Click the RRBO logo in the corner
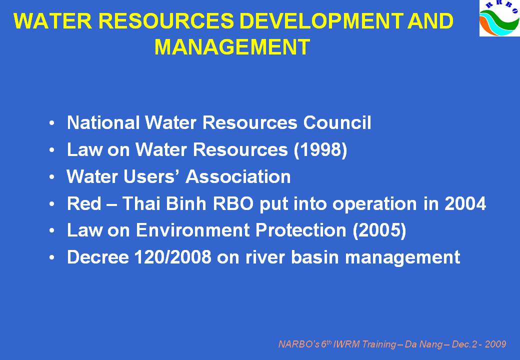tap(500, 18)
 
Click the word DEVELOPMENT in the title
tap(321, 21)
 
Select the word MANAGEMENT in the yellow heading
tap(232, 47)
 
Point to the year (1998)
tap(320, 150)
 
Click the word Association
tap(238, 176)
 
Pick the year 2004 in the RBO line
tap(465, 203)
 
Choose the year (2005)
tap(379, 230)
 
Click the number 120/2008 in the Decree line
tap(173, 257)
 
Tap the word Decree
tap(98, 257)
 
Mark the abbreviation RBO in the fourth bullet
tap(233, 203)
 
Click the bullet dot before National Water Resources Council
tap(51, 123)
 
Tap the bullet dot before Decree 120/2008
tap(51, 257)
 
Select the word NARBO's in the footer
tap(299, 344)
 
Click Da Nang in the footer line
tap(423, 344)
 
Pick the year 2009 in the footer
tap(495, 344)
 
